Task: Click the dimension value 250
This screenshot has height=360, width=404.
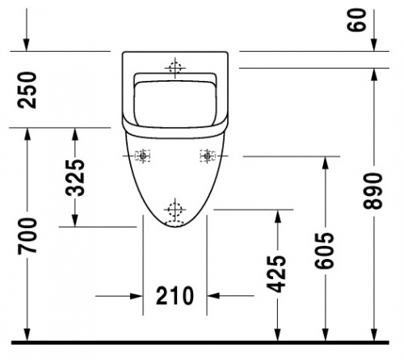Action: pyautogui.click(x=27, y=90)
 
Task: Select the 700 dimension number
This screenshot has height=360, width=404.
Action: pyautogui.click(x=27, y=236)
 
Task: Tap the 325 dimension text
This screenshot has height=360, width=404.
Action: pyautogui.click(x=75, y=178)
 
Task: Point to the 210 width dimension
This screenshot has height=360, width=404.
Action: pyautogui.click(x=175, y=296)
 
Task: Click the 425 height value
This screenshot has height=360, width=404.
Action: pyautogui.click(x=276, y=273)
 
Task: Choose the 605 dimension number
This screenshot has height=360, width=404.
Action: pyautogui.click(x=324, y=251)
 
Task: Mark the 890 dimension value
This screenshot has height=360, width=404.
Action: pyautogui.click(x=372, y=191)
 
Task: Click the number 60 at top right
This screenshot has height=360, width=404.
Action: pyautogui.click(x=356, y=20)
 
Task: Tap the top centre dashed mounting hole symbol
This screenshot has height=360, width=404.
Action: pyautogui.click(x=175, y=68)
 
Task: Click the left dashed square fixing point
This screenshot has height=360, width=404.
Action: pyautogui.click(x=142, y=155)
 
